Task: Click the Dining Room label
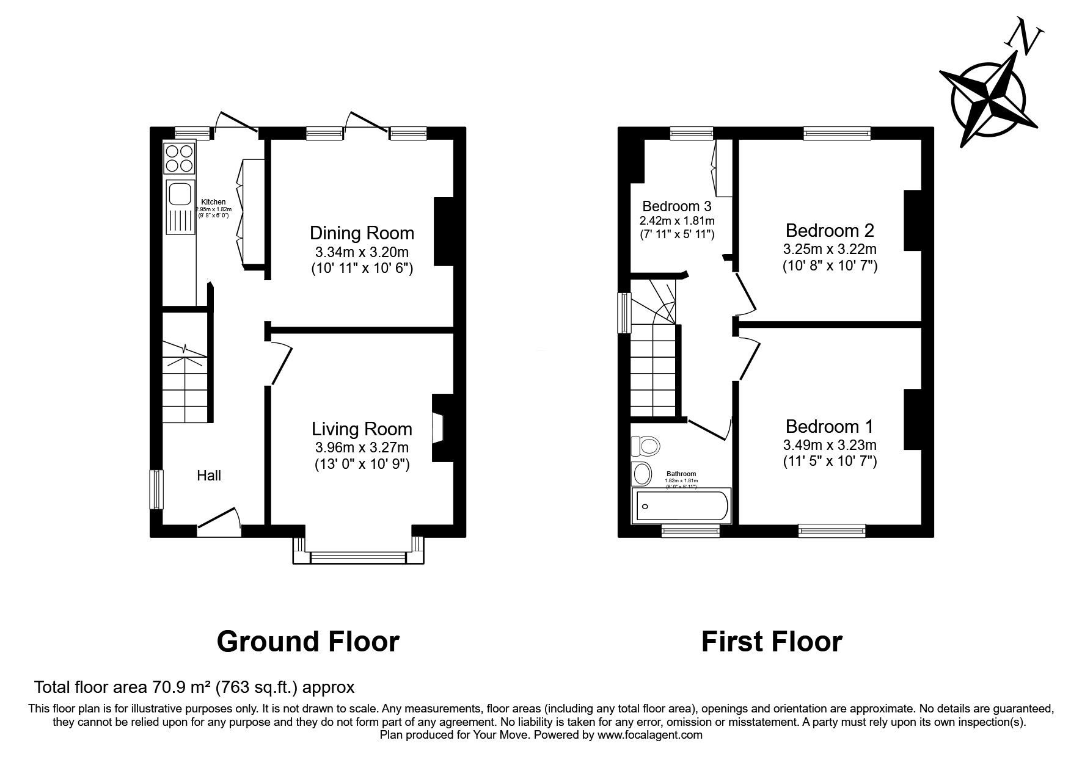point(362,233)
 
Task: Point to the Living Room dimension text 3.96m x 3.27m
point(362,447)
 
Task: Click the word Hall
point(208,476)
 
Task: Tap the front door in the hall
point(219,519)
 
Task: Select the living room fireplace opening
point(437,427)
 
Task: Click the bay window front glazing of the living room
point(358,557)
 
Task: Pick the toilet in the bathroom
point(645,446)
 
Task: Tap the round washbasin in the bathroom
point(642,474)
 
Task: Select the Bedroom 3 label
point(677,206)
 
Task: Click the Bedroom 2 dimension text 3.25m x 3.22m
point(830,249)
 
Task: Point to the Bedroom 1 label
point(830,426)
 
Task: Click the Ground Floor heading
point(308,642)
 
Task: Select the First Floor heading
point(772,642)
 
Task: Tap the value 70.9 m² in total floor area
point(181,687)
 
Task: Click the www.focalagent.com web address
point(649,735)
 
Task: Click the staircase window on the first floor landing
point(624,313)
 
